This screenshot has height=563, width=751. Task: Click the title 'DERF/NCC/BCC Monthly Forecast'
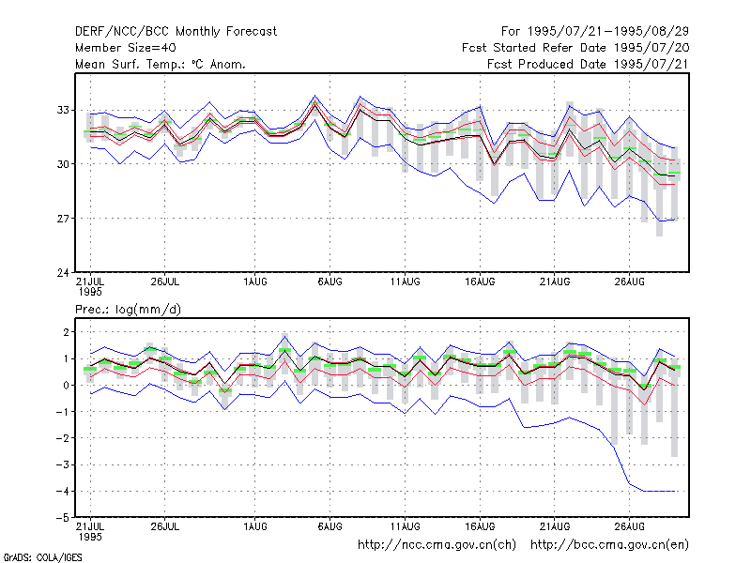pyautogui.click(x=176, y=32)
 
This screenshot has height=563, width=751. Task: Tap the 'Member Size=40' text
pyautogui.click(x=126, y=48)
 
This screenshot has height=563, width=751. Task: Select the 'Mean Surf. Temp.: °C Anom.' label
pyautogui.click(x=161, y=64)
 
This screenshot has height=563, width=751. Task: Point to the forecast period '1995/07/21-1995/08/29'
pyautogui.click(x=608, y=32)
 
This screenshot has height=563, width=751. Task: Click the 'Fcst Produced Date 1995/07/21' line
pyautogui.click(x=589, y=64)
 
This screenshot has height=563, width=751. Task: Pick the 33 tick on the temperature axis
pyautogui.click(x=63, y=110)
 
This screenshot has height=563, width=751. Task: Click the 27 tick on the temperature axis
pyautogui.click(x=63, y=219)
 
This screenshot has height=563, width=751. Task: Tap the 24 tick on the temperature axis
pyautogui.click(x=63, y=273)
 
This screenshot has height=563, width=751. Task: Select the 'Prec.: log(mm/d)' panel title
pyautogui.click(x=128, y=310)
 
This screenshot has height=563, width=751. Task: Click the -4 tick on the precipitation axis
pyautogui.click(x=62, y=491)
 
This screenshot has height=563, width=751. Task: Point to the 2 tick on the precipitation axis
pyautogui.click(x=66, y=332)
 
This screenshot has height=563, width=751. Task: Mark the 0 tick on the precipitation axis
pyautogui.click(x=66, y=385)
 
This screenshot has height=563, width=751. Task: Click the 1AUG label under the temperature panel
pyautogui.click(x=254, y=282)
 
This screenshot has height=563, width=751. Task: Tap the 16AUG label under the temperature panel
pyautogui.click(x=480, y=282)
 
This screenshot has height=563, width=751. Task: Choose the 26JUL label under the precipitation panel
pyautogui.click(x=165, y=527)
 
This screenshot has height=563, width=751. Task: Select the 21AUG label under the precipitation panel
pyautogui.click(x=555, y=527)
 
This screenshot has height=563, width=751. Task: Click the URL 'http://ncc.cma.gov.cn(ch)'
pyautogui.click(x=437, y=545)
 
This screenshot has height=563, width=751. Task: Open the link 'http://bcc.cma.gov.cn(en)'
pyautogui.click(x=609, y=545)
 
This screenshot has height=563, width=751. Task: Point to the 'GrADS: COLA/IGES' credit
pyautogui.click(x=42, y=557)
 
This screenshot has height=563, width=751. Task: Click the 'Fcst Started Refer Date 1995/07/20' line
pyautogui.click(x=575, y=48)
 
